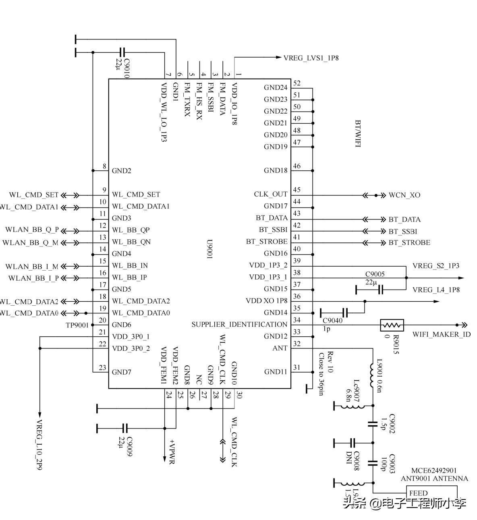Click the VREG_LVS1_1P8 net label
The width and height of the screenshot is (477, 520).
click(311, 58)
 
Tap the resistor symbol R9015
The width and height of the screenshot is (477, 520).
click(392, 325)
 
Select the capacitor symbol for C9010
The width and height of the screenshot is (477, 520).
click(122, 52)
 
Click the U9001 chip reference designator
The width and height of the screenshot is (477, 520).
click(209, 250)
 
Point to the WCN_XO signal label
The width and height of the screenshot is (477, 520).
click(404, 195)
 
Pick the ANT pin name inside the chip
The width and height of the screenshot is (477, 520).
click(280, 348)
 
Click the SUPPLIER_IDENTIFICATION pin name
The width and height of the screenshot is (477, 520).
click(239, 325)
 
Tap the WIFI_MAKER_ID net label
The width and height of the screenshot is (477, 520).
click(441, 335)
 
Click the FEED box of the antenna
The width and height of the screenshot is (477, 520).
click(418, 493)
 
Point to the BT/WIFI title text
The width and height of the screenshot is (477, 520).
click(357, 133)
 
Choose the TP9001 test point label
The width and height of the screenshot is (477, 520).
click(77, 325)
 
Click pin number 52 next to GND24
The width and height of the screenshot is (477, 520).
click(297, 83)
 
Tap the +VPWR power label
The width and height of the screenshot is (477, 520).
click(172, 451)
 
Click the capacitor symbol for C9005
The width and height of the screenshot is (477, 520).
click(381, 290)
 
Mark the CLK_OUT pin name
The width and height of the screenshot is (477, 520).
click(271, 194)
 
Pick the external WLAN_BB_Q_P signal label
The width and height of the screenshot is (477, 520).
click(32, 230)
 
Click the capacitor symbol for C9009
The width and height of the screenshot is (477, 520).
click(125, 428)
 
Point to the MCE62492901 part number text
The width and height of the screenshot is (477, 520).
click(434, 470)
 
